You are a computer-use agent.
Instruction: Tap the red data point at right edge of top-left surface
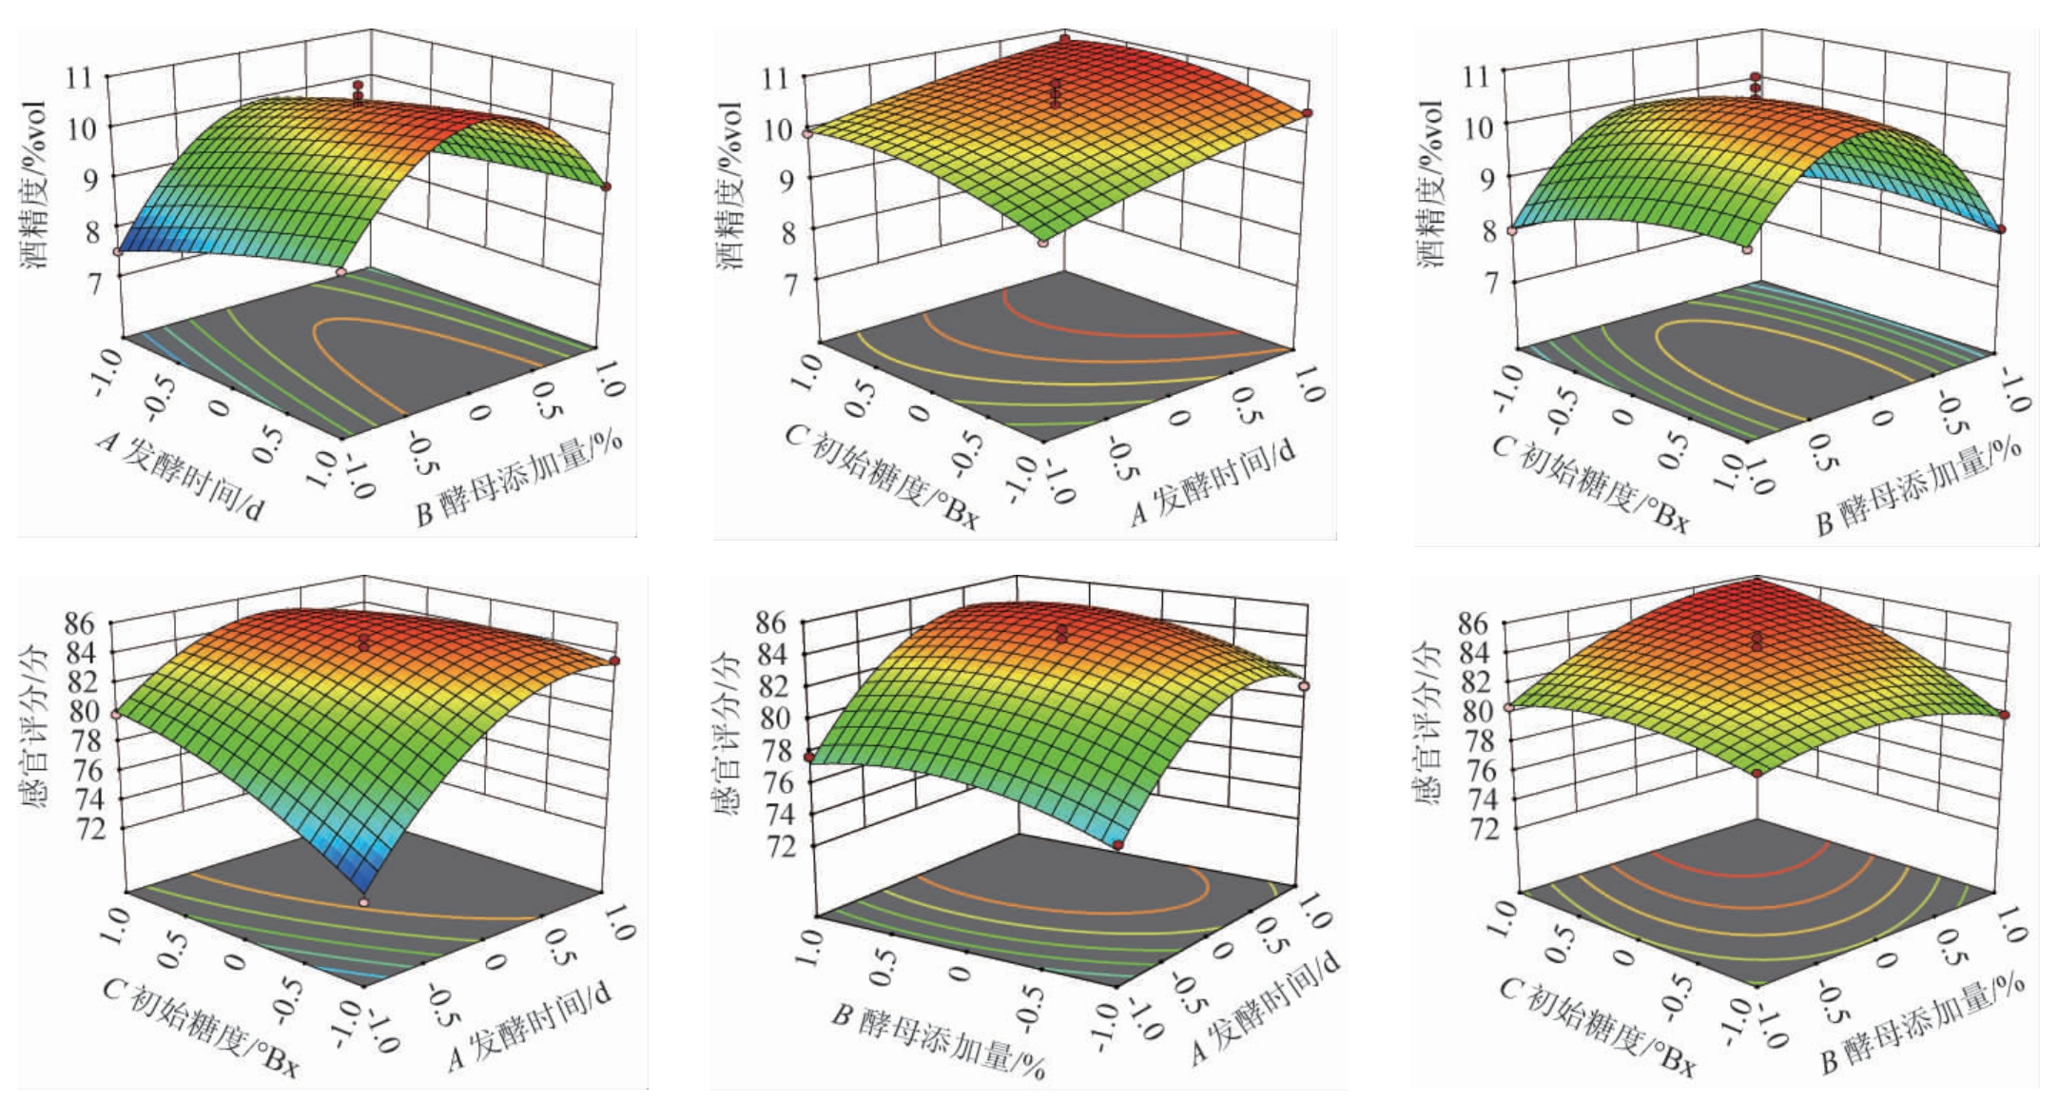pos(607,187)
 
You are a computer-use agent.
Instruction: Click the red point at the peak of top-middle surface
pos(1065,39)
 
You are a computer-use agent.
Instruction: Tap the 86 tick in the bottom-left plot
pos(80,623)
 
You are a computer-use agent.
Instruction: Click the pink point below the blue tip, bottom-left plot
pos(364,900)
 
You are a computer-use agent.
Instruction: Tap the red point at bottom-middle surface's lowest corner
pos(1118,844)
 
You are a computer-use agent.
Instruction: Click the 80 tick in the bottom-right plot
pos(1476,711)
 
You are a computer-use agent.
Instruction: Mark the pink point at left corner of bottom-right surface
pos(1509,708)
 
